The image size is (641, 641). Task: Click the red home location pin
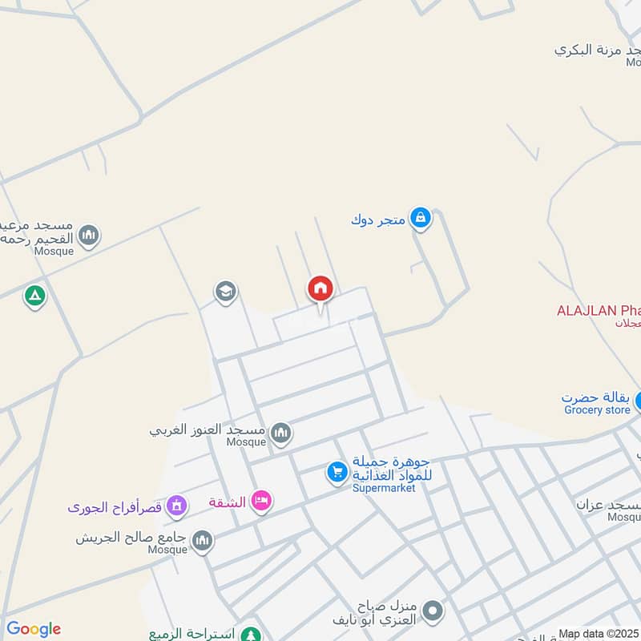[320, 288]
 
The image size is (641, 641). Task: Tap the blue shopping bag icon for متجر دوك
[420, 217]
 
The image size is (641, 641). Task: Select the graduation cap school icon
[226, 292]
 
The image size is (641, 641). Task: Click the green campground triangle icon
[34, 296]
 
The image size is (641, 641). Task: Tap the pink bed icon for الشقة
[261, 502]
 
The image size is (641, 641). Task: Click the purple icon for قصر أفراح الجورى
[177, 506]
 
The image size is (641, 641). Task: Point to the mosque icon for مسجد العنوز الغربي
[280, 433]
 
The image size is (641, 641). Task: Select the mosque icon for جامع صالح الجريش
[203, 540]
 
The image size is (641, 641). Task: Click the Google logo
[34, 629]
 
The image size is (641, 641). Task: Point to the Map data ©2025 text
[599, 634]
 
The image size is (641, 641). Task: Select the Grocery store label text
[597, 410]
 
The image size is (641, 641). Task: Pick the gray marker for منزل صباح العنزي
[433, 612]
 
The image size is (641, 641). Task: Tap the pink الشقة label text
[227, 502]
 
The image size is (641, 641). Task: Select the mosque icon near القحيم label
[89, 236]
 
